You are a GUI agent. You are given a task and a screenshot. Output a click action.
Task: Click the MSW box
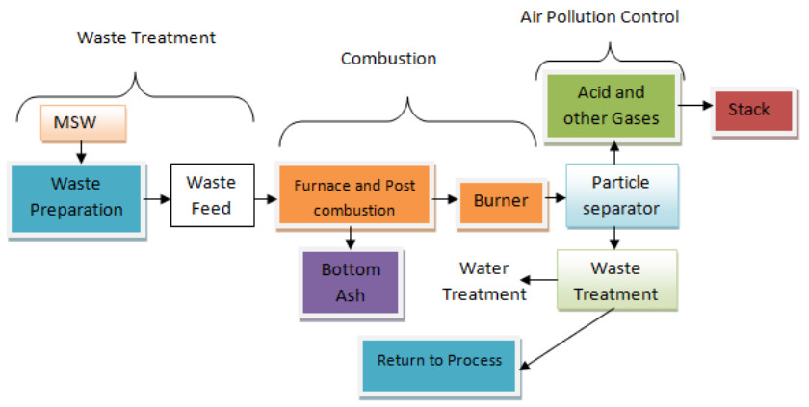(x=82, y=122)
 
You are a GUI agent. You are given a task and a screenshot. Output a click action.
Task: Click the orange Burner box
(x=501, y=201)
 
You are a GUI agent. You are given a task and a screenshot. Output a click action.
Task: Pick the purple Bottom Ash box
(x=351, y=282)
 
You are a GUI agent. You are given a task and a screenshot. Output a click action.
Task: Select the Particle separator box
(x=621, y=194)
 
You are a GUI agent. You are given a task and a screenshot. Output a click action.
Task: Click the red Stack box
(x=748, y=110)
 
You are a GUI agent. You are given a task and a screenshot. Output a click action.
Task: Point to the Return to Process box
(x=439, y=362)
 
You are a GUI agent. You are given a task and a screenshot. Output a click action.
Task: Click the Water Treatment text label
(x=484, y=281)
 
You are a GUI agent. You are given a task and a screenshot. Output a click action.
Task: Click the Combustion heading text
(x=388, y=59)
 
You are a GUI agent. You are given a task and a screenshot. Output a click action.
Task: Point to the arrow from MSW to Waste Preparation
(x=82, y=151)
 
